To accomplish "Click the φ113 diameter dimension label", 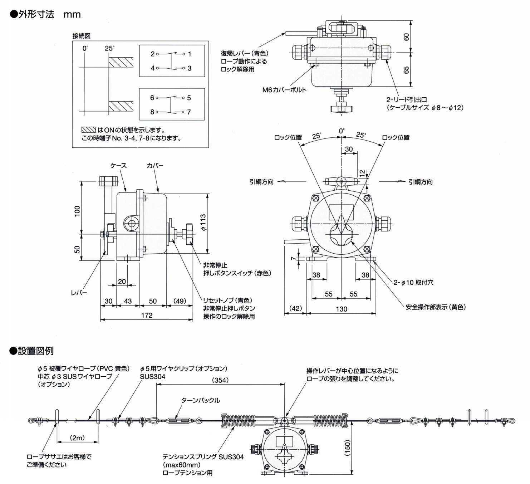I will (x=203, y=222).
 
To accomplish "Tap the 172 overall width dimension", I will (x=147, y=315).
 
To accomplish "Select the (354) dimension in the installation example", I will (x=220, y=380).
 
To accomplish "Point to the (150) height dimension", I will (x=347, y=448).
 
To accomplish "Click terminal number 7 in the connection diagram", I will (x=189, y=112).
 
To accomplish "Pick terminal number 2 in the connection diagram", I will (x=152, y=54).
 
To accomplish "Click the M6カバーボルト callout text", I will (x=284, y=90).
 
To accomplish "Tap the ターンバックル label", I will (x=201, y=400).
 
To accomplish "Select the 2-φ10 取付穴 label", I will (x=413, y=283).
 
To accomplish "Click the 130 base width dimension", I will (x=341, y=309).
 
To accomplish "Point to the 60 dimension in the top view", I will (x=406, y=36).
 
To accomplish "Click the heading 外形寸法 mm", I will (x=45, y=14).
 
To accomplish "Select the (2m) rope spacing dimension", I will (x=77, y=438).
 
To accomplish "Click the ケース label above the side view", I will (x=118, y=166).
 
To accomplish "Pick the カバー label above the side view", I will (x=155, y=166).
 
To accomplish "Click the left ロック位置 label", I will (x=288, y=138).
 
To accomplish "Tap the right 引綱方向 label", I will (x=421, y=182).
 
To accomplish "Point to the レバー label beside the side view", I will (x=79, y=293).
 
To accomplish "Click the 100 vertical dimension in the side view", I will (x=77, y=211).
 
